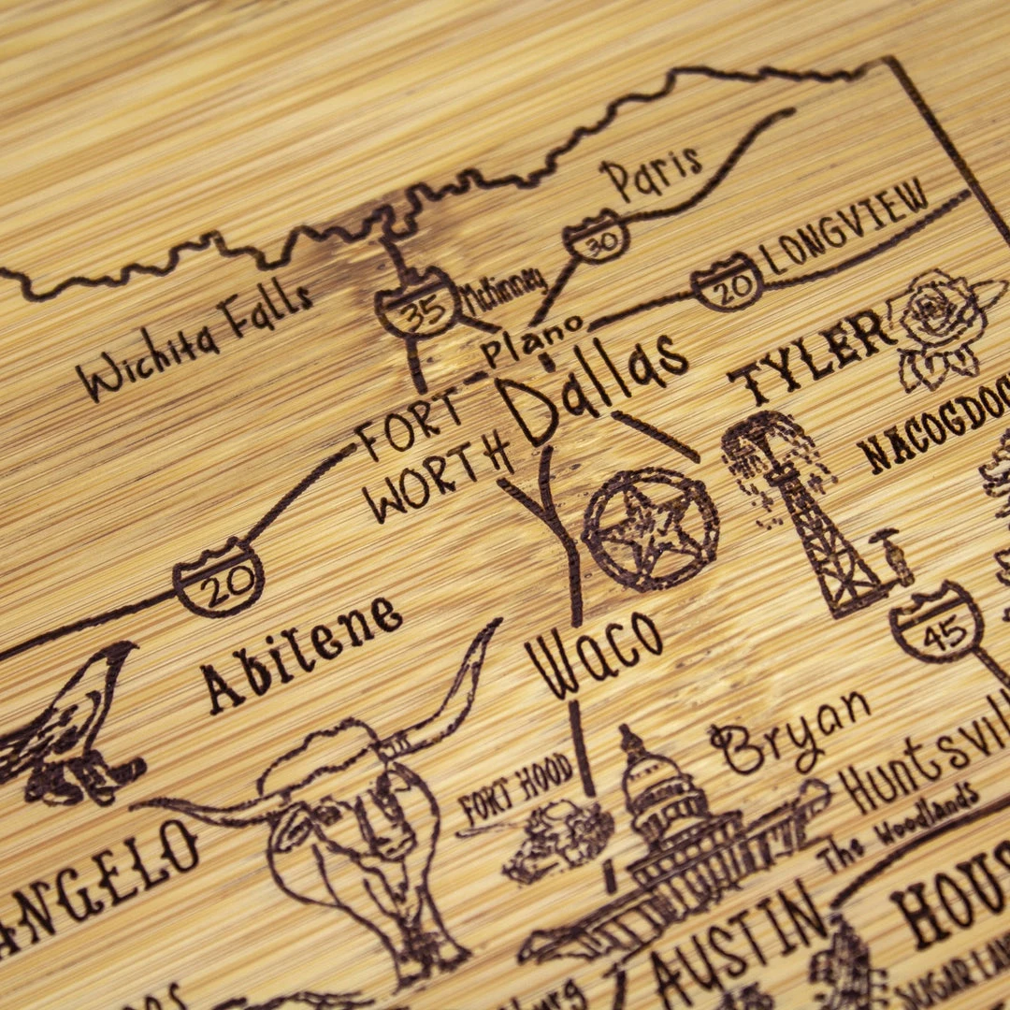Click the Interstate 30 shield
(x=596, y=238)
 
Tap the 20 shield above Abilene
(x=218, y=578)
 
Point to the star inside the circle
(x=651, y=528)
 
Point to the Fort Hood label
(x=516, y=794)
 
